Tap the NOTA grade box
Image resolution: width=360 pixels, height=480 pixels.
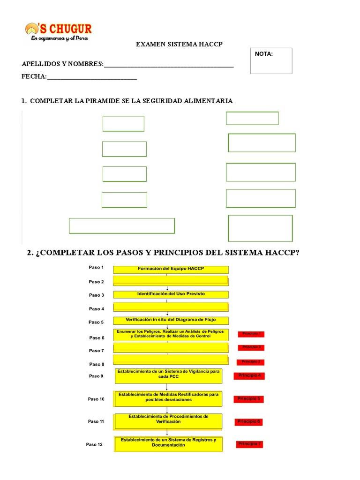click(271, 61)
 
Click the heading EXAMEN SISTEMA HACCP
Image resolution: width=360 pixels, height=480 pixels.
click(179, 44)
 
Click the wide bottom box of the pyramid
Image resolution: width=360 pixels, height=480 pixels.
click(122, 225)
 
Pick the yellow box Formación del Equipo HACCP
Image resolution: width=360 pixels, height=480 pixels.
click(171, 269)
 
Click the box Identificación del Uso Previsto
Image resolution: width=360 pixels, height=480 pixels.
click(171, 294)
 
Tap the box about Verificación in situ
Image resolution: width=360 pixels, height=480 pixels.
click(171, 321)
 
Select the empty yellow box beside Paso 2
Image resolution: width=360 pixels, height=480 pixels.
click(171, 281)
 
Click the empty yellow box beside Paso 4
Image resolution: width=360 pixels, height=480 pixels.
click(171, 307)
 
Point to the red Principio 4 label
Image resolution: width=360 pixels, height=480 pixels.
click(249, 375)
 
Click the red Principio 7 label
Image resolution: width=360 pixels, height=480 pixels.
click(249, 443)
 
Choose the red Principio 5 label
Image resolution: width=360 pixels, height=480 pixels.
click(248, 399)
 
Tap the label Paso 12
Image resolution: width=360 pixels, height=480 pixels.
click(94, 444)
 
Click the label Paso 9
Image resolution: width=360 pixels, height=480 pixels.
click(96, 376)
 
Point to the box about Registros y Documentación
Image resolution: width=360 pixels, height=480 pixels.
click(168, 443)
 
